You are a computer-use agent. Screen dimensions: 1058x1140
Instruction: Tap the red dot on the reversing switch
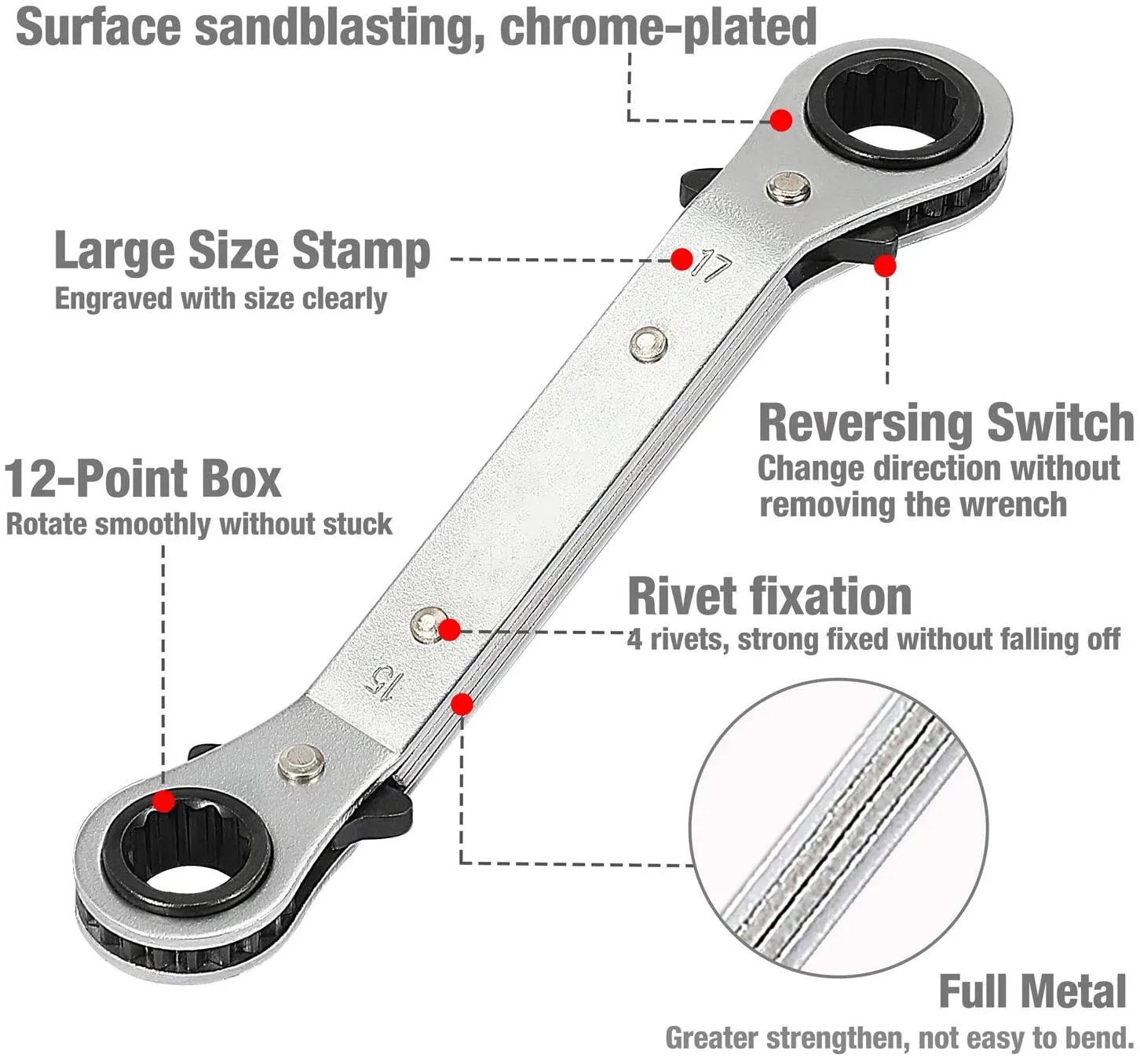(885, 266)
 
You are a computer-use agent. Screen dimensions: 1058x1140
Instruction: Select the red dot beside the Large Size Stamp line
(681, 259)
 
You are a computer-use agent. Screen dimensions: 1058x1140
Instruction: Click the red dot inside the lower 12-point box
(163, 801)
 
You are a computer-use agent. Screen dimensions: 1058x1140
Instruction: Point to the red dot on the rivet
(449, 629)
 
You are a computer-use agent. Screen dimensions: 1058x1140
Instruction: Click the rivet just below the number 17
(649, 344)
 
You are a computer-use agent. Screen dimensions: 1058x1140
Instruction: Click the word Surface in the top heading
(97, 27)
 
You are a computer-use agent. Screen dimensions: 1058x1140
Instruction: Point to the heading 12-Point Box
(143, 479)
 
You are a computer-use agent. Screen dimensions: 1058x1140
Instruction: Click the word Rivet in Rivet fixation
(683, 596)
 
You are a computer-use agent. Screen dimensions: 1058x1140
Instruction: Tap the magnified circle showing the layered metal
(839, 828)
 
